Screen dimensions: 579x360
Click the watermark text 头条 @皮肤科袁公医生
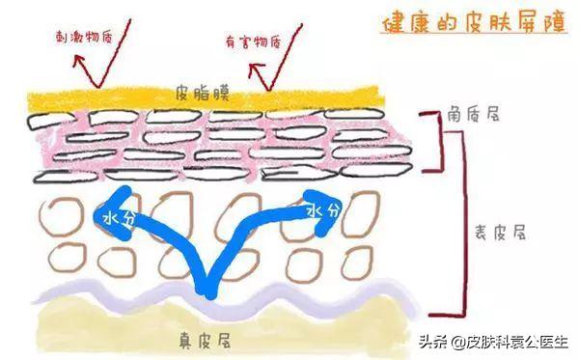click(494, 341)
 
